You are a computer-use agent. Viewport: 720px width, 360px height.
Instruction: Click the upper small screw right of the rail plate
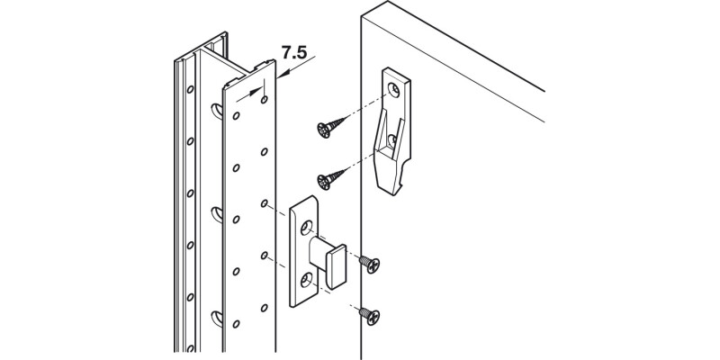[x=369, y=264]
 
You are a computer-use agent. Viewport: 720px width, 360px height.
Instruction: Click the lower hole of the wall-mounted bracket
[x=392, y=139]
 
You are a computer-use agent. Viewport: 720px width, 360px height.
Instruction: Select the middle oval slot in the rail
[x=217, y=213]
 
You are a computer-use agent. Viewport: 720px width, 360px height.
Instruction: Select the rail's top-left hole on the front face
[x=236, y=115]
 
